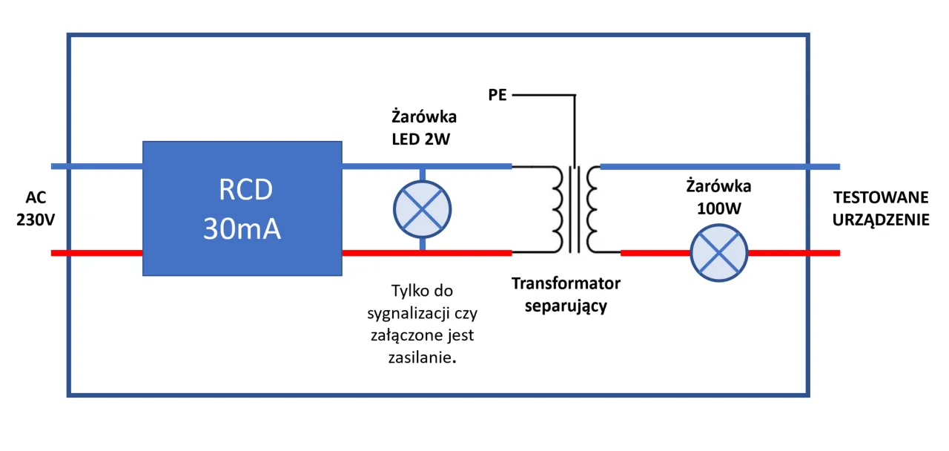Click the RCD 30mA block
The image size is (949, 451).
tap(242, 208)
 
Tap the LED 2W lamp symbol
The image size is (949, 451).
tap(423, 209)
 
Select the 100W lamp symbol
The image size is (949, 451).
tap(719, 253)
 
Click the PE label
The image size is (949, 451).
tap(497, 95)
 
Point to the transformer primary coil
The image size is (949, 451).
tap(555, 209)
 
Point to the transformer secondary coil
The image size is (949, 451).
tap(592, 209)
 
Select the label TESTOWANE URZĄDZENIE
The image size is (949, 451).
tap(881, 208)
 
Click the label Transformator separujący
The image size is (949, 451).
tap(566, 294)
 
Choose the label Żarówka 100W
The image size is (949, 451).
tap(718, 197)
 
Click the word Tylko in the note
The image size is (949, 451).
tap(406, 290)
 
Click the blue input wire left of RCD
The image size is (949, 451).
tap(96, 165)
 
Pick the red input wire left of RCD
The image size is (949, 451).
tap(96, 253)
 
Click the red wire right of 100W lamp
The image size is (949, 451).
tap(793, 253)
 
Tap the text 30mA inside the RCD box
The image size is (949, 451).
tap(242, 229)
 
